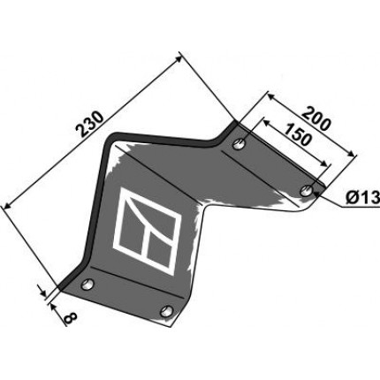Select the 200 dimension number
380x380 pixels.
tap(316, 118)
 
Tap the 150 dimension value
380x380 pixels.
tap(298, 135)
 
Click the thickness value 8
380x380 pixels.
tap(71, 318)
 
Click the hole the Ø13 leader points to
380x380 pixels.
tap(307, 190)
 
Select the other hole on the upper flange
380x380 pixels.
tap(239, 144)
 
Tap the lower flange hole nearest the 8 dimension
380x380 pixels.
tap(87, 285)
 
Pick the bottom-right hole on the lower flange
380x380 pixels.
tap(167, 311)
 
